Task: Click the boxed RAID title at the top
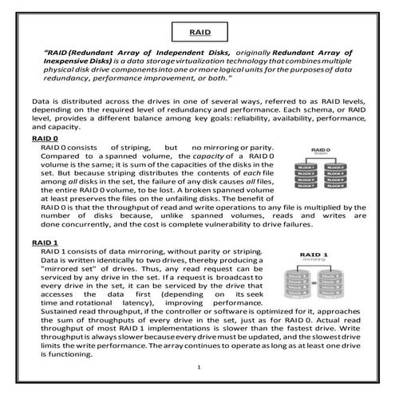pos(197,34)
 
